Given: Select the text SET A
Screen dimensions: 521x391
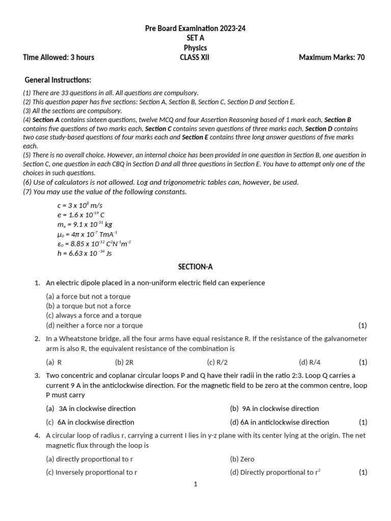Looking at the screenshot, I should (195, 38).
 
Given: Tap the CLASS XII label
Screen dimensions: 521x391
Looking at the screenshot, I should (194, 57).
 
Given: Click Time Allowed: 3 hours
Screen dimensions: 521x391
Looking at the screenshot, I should (59, 57).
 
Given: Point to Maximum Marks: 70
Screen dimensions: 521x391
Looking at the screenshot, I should (331, 57).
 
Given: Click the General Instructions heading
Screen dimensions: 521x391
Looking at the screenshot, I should (58, 80).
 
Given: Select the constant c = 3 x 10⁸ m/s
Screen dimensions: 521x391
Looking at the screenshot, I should (81, 205).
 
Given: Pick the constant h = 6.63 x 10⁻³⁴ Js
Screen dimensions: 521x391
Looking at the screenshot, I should (85, 253).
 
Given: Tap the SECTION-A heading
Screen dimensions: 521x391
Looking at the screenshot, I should (195, 267).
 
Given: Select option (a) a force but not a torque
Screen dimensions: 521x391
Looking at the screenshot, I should (88, 296).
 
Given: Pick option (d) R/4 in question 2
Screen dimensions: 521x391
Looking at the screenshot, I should (310, 362).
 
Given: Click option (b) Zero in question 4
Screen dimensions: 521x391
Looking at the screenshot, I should (242, 458).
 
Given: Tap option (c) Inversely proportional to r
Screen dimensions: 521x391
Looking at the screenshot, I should (92, 472).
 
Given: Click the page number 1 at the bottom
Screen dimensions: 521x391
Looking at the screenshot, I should (195, 484).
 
